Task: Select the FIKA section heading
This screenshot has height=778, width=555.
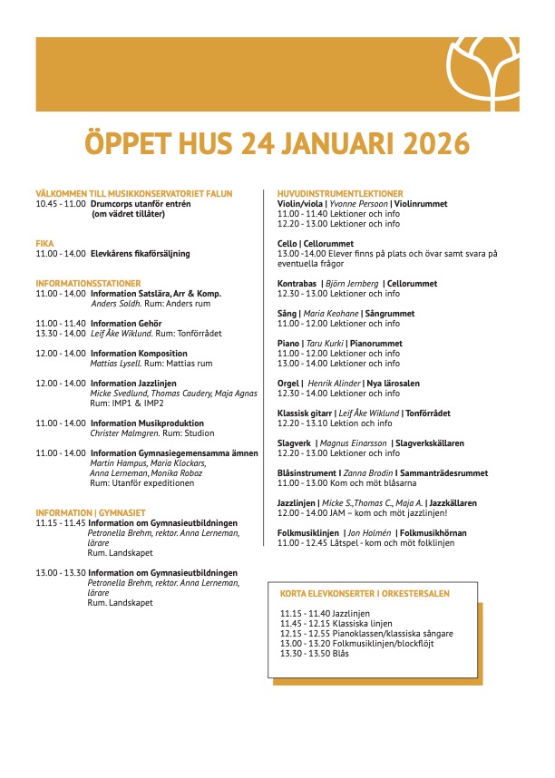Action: click(x=44, y=244)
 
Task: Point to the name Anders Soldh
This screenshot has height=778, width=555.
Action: click(x=115, y=304)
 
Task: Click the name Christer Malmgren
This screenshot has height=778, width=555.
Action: click(x=122, y=433)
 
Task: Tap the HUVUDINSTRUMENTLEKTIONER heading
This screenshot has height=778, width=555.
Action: click(x=340, y=194)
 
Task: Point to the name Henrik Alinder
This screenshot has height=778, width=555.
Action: click(x=335, y=384)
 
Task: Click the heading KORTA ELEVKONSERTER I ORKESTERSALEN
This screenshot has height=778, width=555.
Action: click(x=365, y=594)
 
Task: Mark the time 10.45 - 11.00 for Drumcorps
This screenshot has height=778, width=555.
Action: click(x=61, y=204)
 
